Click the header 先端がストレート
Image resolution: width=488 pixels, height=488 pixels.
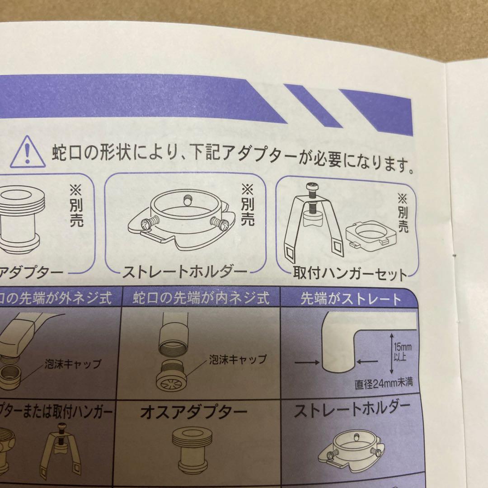(x=351, y=300)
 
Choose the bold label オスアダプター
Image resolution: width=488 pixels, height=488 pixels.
(x=194, y=412)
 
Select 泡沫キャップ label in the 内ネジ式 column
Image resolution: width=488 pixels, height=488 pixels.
(x=237, y=360)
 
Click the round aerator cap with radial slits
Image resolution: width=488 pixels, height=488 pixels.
(x=173, y=380)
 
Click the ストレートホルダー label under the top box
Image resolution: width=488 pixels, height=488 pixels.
(x=185, y=272)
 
